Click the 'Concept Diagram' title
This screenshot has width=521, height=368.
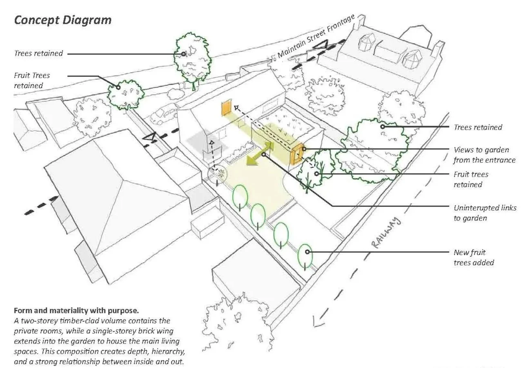[x=62, y=20]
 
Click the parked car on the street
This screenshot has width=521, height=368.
[x=164, y=114]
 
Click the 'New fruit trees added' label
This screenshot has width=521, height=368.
[x=473, y=258]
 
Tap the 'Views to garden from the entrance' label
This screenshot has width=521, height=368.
[x=484, y=155]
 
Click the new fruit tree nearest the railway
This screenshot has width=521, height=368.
[x=305, y=255]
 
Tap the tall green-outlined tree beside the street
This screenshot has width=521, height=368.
[x=193, y=59]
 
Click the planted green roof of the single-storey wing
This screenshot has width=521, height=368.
[x=286, y=123]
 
